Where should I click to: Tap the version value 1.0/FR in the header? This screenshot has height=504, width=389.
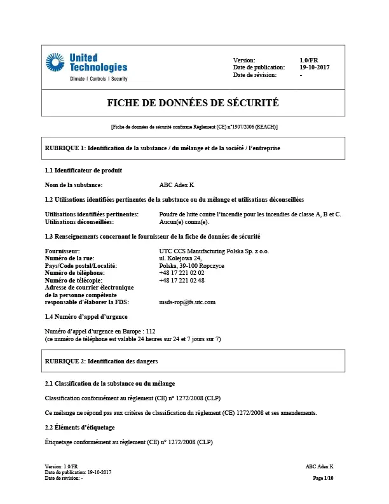click(309, 59)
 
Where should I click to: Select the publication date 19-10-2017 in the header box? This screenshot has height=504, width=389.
click(315, 67)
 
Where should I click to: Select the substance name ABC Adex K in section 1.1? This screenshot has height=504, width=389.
click(177, 185)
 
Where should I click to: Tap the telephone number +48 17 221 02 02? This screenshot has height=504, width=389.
click(182, 272)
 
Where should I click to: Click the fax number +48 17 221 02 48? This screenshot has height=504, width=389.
click(182, 280)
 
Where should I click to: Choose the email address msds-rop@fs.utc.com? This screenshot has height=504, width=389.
click(188, 302)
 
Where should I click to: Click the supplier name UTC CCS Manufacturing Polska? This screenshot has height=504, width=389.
click(214, 251)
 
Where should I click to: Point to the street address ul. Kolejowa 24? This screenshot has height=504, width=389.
click(180, 258)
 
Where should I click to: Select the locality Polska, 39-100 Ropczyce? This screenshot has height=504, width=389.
click(191, 265)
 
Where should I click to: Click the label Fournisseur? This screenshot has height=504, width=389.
click(62, 251)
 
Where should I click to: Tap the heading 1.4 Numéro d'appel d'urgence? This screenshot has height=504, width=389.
click(86, 316)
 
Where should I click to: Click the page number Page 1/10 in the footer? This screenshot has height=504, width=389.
click(324, 477)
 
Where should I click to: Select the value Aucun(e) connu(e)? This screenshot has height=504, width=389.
click(184, 222)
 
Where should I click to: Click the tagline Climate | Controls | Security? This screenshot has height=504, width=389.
click(98, 79)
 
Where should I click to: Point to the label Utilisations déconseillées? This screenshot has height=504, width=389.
click(79, 222)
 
